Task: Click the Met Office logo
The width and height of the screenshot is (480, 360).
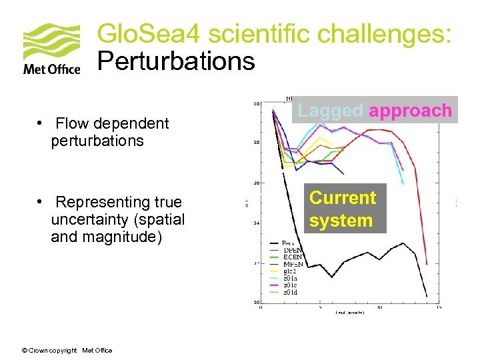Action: pyautogui.click(x=51, y=49)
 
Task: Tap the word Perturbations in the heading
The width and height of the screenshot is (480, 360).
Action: pyautogui.click(x=176, y=61)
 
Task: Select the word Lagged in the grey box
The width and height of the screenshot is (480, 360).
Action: pyautogui.click(x=330, y=111)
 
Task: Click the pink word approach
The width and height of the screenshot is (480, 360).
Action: pyautogui.click(x=410, y=111)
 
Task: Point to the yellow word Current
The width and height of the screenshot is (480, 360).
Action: pyautogui.click(x=343, y=198)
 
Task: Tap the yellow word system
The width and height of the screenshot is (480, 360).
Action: pyautogui.click(x=341, y=221)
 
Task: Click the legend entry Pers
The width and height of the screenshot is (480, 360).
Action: pyautogui.click(x=289, y=243)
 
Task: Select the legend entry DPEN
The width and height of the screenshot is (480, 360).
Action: pyautogui.click(x=292, y=250)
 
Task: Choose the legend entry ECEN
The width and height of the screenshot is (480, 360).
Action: pyautogui.click(x=292, y=257)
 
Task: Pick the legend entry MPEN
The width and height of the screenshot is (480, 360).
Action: pyautogui.click(x=292, y=264)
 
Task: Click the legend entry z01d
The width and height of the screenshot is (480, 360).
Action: pyautogui.click(x=291, y=292)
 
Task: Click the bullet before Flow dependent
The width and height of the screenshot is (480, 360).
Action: pyautogui.click(x=41, y=123)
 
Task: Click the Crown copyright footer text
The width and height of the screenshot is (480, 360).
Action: pyautogui.click(x=67, y=351)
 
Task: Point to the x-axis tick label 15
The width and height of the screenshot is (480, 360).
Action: pyautogui.click(x=437, y=307)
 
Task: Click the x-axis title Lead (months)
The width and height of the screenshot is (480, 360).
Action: pyautogui.click(x=349, y=313)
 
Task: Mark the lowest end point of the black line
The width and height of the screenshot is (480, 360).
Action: pyautogui.click(x=427, y=295)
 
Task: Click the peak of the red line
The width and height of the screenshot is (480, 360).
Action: pyautogui.click(x=363, y=130)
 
